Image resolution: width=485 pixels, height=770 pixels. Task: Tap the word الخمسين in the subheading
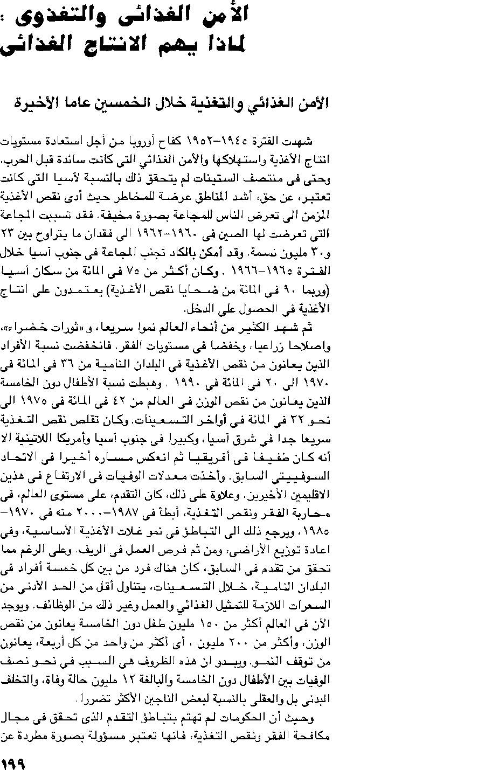pyautogui.click(x=134, y=103)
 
